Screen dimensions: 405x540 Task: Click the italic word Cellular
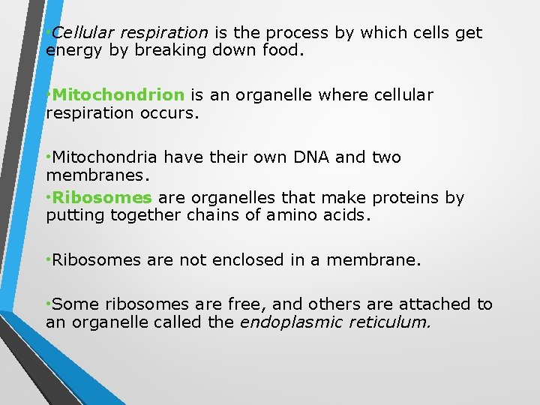pyautogui.click(x=82, y=33)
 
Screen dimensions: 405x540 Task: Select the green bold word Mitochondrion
pyautogui.click(x=118, y=95)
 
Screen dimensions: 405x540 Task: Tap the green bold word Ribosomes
pyautogui.click(x=102, y=198)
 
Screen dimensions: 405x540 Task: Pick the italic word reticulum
pyautogui.click(x=388, y=322)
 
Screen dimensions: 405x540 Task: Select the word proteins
pyautogui.click(x=405, y=198)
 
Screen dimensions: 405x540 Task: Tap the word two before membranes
pyautogui.click(x=385, y=157)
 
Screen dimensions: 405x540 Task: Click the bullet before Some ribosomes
pyautogui.click(x=48, y=304)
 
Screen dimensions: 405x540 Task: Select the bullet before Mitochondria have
pyautogui.click(x=48, y=157)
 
